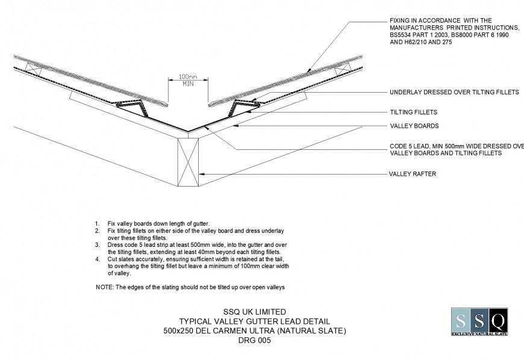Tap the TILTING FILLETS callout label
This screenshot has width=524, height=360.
click(x=413, y=112)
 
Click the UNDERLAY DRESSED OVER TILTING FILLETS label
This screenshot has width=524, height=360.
click(x=454, y=93)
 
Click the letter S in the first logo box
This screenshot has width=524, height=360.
click(x=461, y=320)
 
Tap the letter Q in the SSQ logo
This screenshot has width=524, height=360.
click(x=497, y=320)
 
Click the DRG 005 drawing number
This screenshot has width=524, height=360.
click(x=255, y=340)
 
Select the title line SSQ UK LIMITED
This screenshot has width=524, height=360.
click(x=255, y=312)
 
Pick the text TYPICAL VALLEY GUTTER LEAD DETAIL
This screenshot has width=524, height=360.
click(x=255, y=321)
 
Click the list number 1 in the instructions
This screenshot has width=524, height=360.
click(x=97, y=224)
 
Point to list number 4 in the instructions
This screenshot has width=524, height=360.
click(x=97, y=259)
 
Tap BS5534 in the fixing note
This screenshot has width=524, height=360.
click(x=403, y=36)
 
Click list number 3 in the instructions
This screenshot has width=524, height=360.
click(x=97, y=245)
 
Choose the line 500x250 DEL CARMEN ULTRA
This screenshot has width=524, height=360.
click(x=255, y=331)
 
